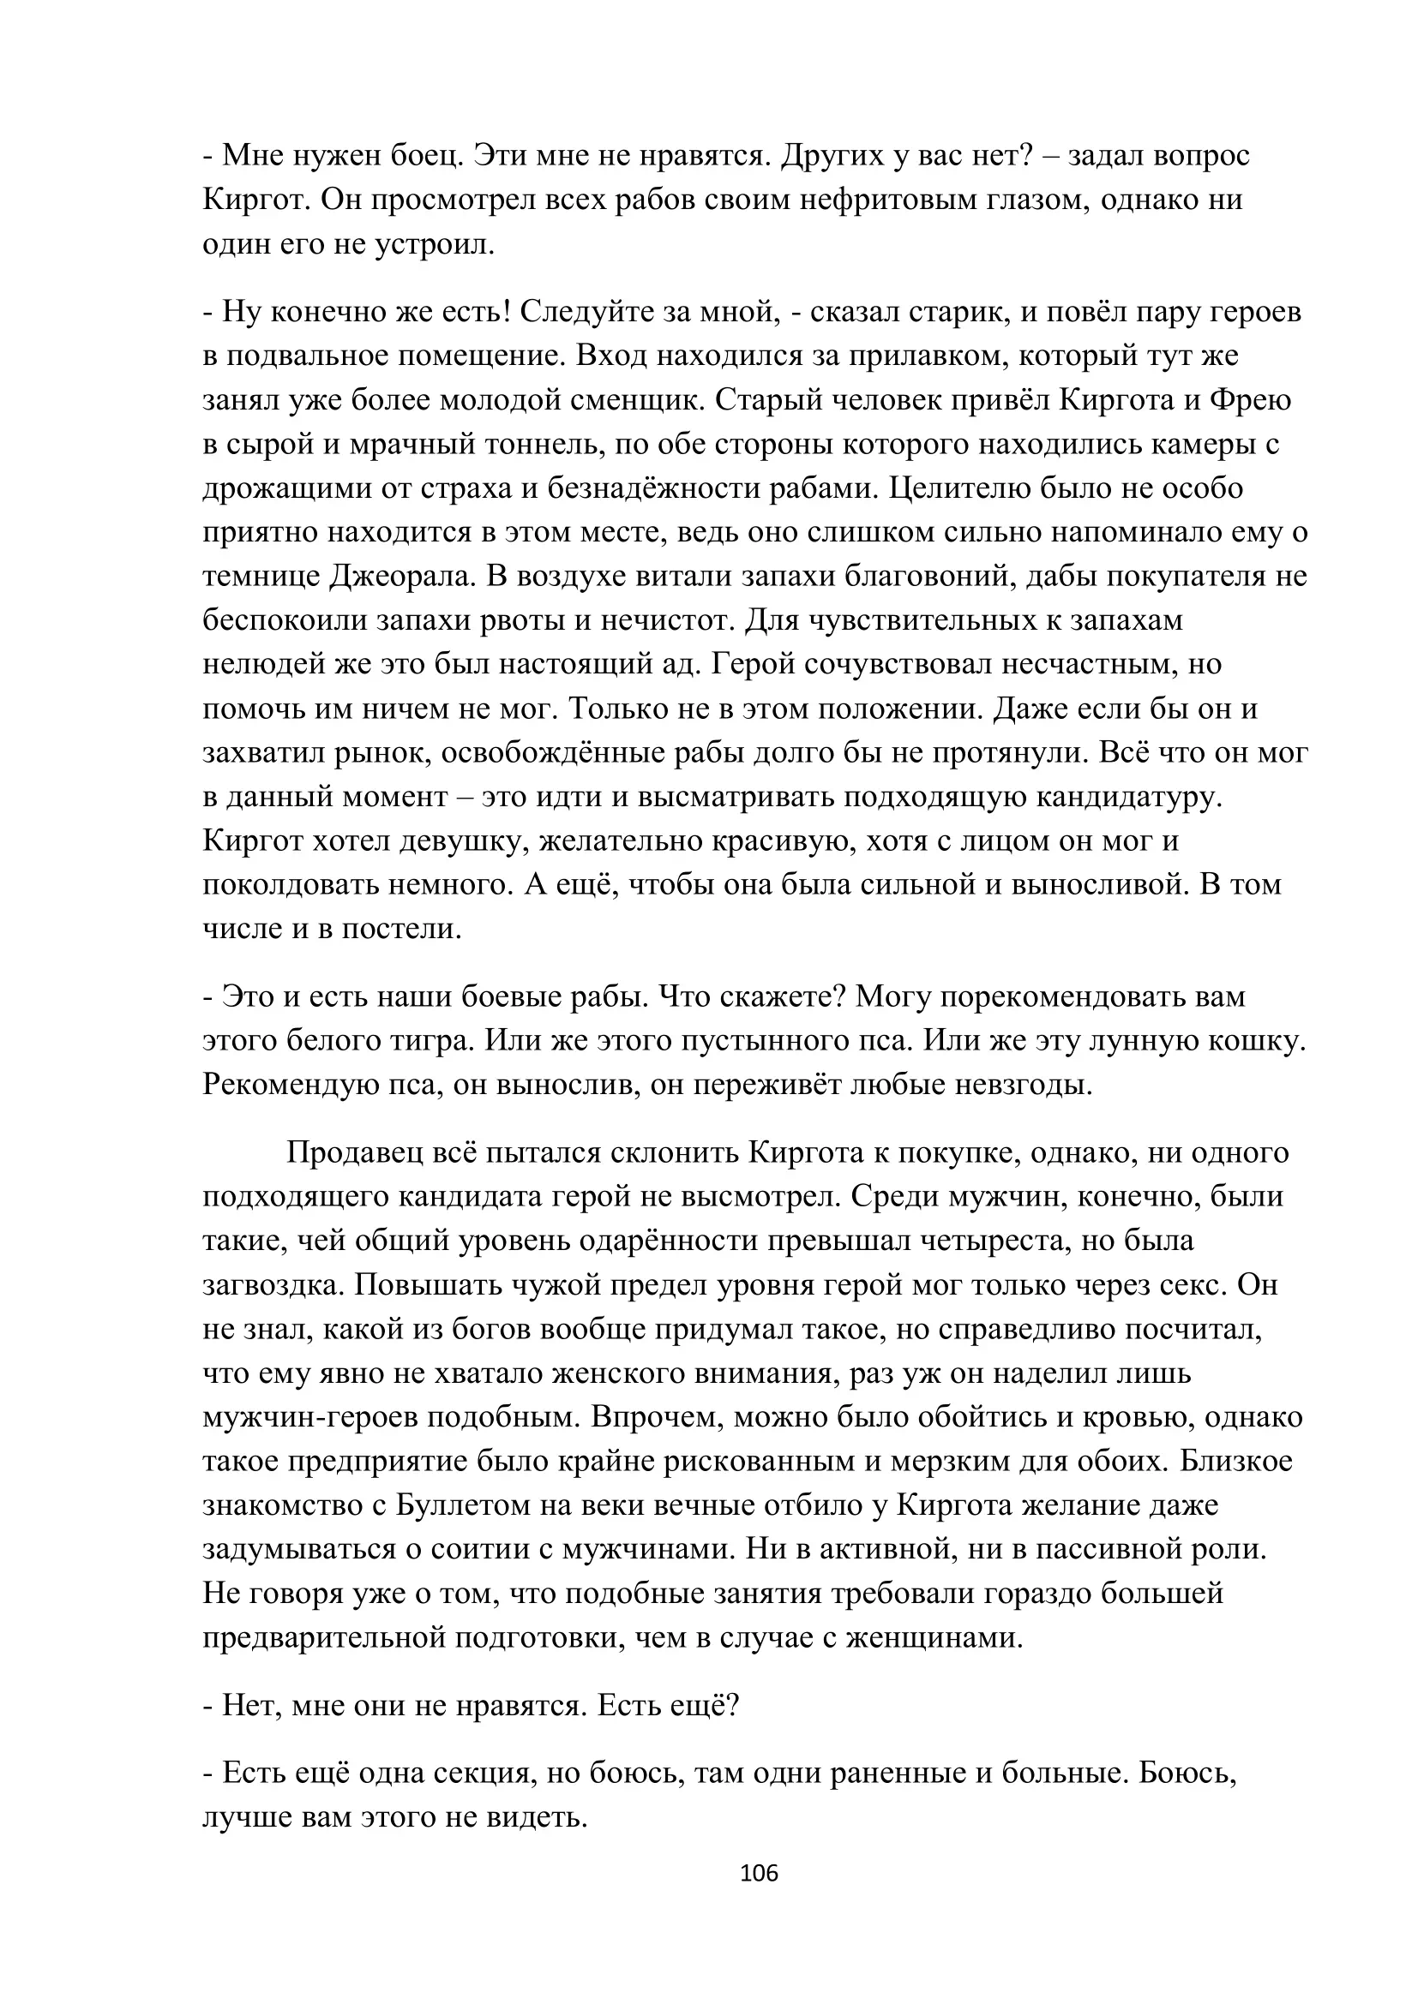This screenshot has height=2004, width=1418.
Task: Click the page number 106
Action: pyautogui.click(x=758, y=1873)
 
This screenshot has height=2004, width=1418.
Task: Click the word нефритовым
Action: pyautogui.click(x=900, y=200)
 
